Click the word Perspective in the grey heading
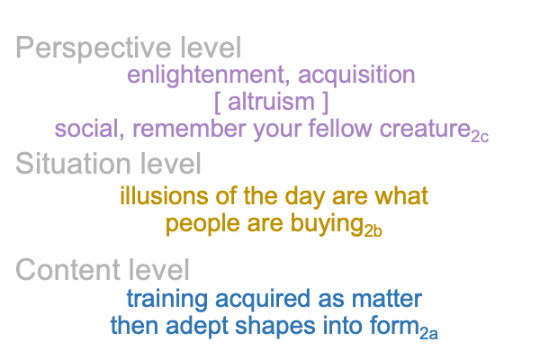point(94,49)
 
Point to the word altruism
point(271,102)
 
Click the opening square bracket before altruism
point(217,103)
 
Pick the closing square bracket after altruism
point(326,103)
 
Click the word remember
point(189,129)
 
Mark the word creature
point(425,129)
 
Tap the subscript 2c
point(480,137)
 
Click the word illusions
point(164,195)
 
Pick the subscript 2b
point(373,231)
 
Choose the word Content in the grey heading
point(68,270)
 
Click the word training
point(167,300)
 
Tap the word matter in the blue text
point(387,299)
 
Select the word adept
point(197,327)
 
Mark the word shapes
point(274,327)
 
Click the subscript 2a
point(428,334)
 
